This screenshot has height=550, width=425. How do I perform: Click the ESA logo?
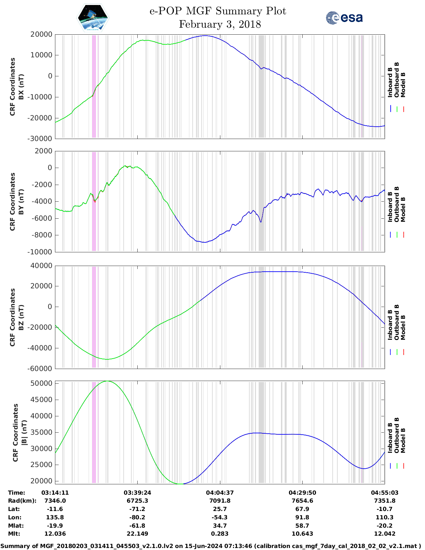(344, 18)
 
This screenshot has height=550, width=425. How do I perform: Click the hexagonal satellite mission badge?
(93, 18)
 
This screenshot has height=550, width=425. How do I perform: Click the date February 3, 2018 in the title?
(220, 24)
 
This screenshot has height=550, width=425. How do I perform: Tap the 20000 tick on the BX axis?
(41, 34)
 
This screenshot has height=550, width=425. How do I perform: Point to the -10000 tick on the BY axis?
(41, 252)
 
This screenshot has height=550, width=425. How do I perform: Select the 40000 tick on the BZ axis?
(41, 266)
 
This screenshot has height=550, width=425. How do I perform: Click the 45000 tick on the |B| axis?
(41, 400)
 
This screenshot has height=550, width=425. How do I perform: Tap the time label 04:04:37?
(220, 493)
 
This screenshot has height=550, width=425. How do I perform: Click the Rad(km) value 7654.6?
(302, 501)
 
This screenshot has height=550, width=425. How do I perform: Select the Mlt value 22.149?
(137, 534)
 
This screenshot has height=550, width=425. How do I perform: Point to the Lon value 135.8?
(55, 517)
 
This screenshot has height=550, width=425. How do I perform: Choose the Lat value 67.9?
(302, 509)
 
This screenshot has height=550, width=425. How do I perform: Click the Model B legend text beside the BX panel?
(403, 85)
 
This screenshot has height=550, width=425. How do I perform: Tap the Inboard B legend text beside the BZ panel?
(390, 325)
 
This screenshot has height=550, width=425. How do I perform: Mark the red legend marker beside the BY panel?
(403, 235)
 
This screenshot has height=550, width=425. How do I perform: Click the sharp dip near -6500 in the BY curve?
(261, 222)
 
